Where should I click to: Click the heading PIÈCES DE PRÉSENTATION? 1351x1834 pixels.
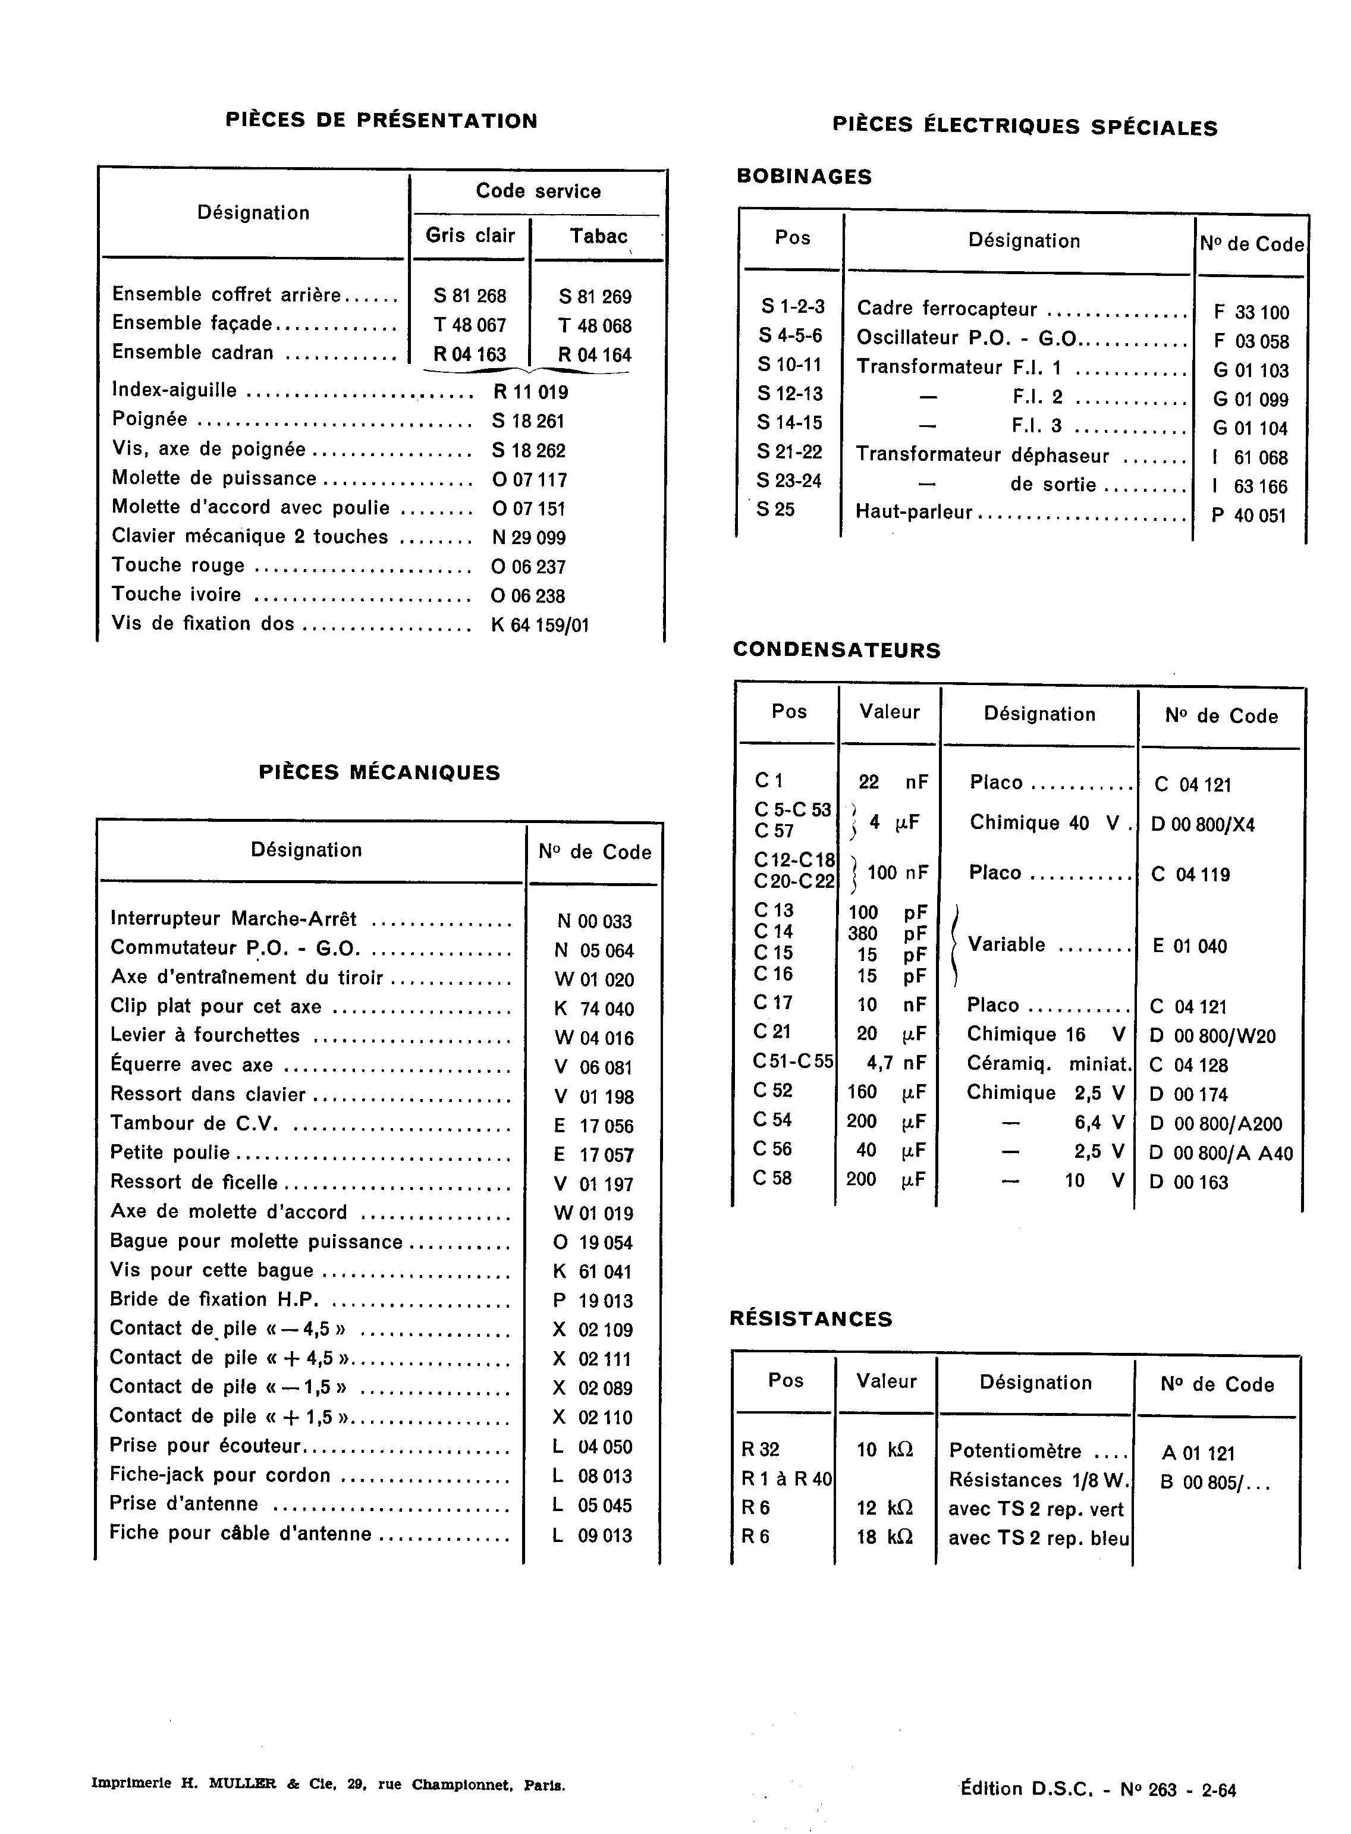coord(381,121)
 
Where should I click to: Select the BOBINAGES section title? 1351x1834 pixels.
coord(804,177)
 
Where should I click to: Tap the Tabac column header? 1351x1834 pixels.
coord(599,236)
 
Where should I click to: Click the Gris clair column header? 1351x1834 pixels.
coord(470,235)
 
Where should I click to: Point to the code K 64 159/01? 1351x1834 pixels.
coord(540,626)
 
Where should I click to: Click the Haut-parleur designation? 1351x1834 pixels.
coord(913,513)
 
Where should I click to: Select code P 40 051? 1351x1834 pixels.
coord(1249,516)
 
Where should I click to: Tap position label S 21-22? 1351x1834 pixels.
coord(789,452)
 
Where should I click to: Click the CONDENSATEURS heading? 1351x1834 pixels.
coord(837,650)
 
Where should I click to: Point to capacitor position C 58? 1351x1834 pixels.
coord(772,1178)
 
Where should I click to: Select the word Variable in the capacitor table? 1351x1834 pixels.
coord(1006,945)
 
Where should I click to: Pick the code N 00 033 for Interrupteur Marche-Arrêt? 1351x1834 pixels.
coord(593,922)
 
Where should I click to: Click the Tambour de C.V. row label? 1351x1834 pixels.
coord(194,1125)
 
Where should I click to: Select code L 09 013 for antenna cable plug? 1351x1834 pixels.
coord(592,1535)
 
